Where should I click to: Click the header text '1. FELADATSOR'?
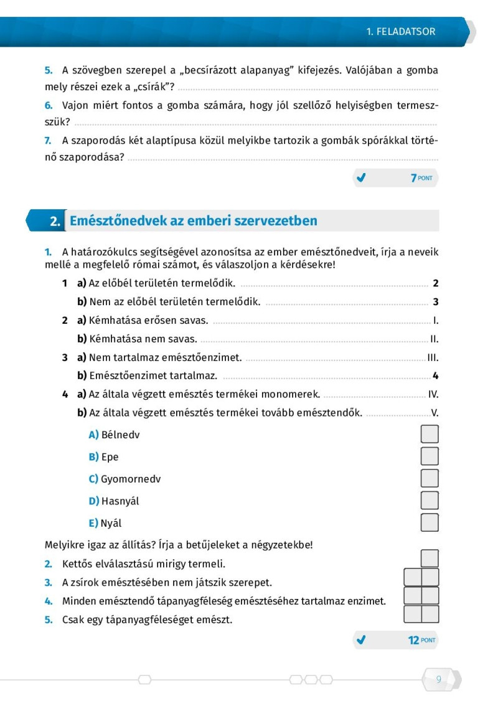[401, 31]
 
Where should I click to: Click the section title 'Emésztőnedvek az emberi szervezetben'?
[194, 220]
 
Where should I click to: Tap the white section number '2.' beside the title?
[55, 221]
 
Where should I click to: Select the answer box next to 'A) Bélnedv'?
[430, 434]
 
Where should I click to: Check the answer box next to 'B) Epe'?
[430, 456]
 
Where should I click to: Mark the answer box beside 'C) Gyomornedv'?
[430, 478]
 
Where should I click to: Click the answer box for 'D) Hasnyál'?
[430, 500]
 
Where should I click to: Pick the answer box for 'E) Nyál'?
[430, 522]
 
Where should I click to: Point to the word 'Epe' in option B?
[110, 456]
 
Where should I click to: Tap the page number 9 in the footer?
[439, 679]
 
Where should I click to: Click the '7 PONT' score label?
[421, 178]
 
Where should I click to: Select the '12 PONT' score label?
[421, 639]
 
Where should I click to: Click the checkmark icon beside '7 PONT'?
[360, 178]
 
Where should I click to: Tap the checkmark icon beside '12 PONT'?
[360, 639]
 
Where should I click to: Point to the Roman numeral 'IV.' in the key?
[433, 394]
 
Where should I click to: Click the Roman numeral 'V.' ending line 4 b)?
[435, 412]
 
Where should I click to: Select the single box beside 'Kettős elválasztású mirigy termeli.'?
[430, 558]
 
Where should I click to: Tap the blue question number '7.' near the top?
[48, 140]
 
